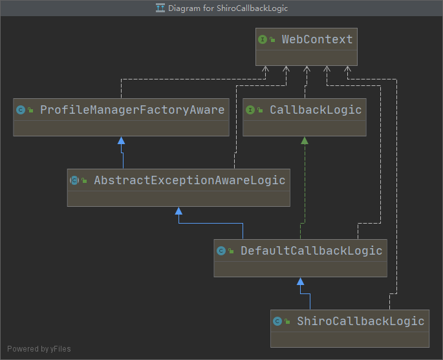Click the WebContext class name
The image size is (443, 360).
(x=317, y=39)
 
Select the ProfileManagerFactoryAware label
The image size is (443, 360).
(x=132, y=110)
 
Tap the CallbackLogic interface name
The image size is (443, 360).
(x=316, y=110)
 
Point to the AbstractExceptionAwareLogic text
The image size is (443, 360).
(x=189, y=180)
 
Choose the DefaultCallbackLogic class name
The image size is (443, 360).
(x=311, y=251)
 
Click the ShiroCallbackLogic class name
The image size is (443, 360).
(x=360, y=321)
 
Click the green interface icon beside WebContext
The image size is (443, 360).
(x=263, y=39)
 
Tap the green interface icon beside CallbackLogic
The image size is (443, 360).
(x=250, y=110)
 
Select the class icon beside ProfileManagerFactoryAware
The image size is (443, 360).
(x=21, y=110)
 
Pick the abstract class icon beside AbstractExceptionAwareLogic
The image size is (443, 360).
(x=74, y=180)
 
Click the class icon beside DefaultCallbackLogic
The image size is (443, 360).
(x=221, y=251)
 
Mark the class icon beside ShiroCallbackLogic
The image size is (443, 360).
(x=277, y=321)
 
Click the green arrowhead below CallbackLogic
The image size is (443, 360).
(x=305, y=140)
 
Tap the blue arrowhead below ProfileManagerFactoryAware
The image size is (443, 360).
(x=121, y=140)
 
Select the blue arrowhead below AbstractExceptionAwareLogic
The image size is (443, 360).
(x=179, y=211)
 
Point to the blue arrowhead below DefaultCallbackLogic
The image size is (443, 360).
(x=300, y=281)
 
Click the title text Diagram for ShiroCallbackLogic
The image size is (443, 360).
(x=228, y=8)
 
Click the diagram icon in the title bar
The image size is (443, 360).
(x=160, y=8)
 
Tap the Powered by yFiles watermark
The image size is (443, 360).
(x=39, y=349)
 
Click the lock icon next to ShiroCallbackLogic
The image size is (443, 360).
(x=287, y=322)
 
